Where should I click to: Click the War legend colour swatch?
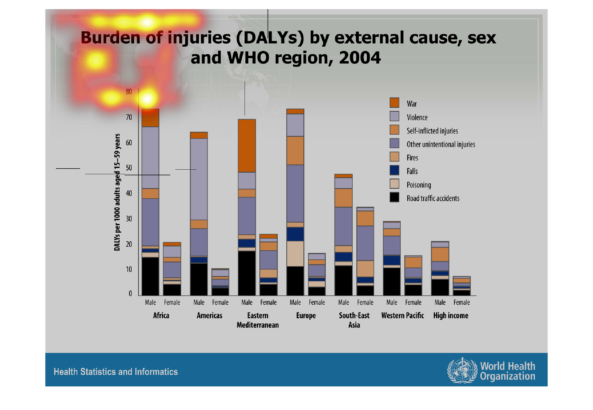coord(394,103)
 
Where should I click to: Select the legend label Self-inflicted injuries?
coord(432,131)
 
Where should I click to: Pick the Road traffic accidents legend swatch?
coord(394,197)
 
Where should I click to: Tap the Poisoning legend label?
coord(419,185)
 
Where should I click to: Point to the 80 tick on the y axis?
coord(129,92)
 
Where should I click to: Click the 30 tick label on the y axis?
coord(129,219)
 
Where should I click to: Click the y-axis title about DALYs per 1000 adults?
coord(117,192)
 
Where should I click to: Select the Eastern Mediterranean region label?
coord(258,320)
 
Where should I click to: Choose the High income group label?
coord(451,315)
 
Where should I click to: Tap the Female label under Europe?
coord(317,302)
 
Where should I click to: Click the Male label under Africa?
coord(150,302)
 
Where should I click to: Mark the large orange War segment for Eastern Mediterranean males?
coord(247,146)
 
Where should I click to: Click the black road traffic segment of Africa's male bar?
coord(150,276)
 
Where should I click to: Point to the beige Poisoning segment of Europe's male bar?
coord(295,254)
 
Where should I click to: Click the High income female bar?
coord(462,286)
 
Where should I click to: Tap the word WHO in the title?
coord(248,58)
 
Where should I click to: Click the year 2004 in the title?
coord(360,58)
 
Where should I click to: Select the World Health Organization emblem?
coord(462,371)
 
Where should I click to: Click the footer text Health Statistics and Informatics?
coord(116,372)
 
